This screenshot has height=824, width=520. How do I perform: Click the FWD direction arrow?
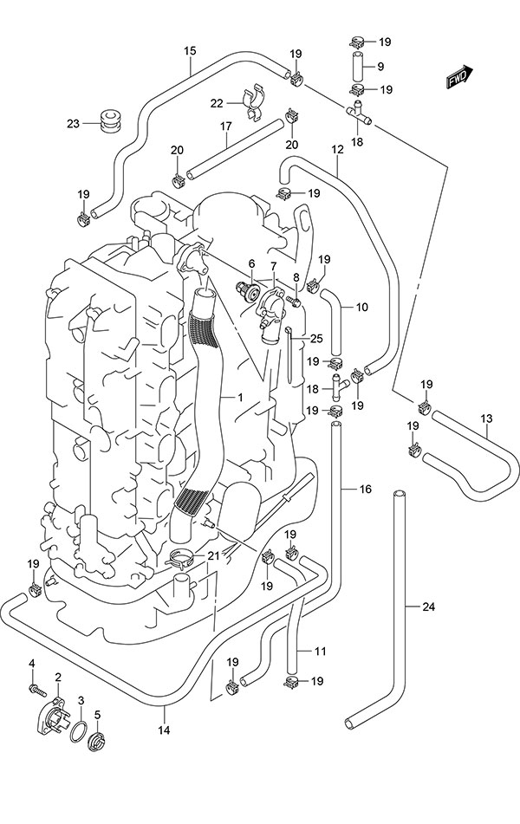pos(458,77)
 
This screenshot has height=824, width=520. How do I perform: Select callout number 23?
pos(73,123)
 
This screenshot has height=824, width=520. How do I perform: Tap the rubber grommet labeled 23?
pos(108,120)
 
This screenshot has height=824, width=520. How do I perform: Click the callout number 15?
pos(189,50)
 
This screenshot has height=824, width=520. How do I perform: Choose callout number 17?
pos(225,126)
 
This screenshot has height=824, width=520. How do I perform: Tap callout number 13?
pos(487,419)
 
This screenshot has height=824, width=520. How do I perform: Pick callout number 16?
pos(365,490)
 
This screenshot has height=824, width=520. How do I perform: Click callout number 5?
pos(98,715)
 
